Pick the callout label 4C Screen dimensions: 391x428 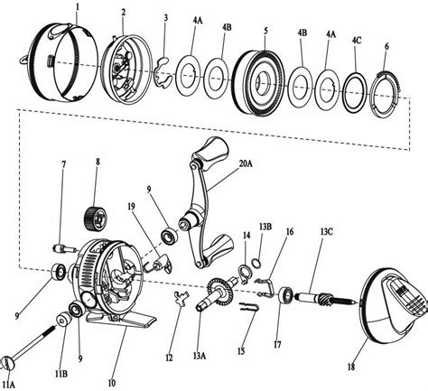tap(359, 41)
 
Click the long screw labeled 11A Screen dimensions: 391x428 tap(34, 341)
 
